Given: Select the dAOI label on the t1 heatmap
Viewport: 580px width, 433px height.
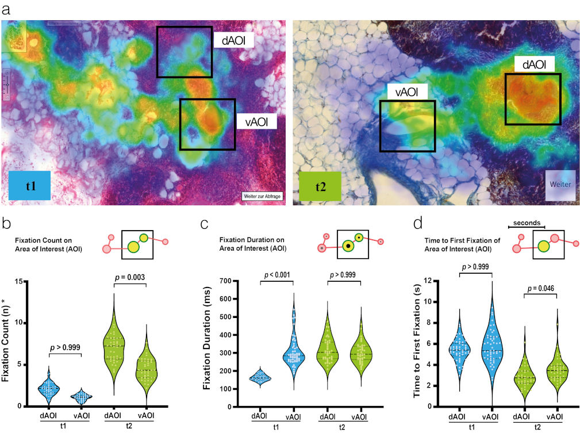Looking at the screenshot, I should [x=234, y=41].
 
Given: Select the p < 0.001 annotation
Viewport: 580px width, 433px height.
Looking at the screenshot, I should [x=278, y=275].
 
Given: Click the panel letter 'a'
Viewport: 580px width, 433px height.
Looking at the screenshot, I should [x=6, y=7].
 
